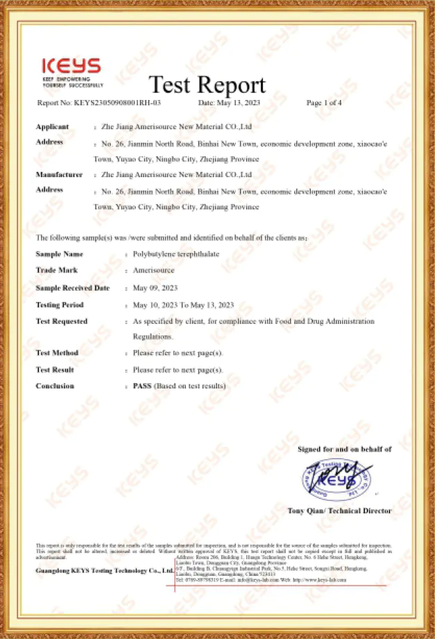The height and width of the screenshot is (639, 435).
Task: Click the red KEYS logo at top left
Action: click(71, 67)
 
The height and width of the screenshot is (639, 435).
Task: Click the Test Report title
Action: click(207, 85)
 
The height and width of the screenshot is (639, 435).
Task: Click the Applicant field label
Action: click(52, 127)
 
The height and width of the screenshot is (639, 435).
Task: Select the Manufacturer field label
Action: click(59, 175)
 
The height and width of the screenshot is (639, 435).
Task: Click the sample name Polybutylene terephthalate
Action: click(176, 254)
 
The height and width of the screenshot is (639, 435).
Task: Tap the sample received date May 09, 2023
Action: click(156, 288)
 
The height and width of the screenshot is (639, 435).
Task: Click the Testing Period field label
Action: click(60, 305)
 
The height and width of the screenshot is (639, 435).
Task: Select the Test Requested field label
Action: click(61, 321)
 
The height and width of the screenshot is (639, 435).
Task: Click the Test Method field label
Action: click(57, 352)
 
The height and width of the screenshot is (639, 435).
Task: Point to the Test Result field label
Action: click(56, 369)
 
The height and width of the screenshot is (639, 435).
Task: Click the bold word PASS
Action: click(142, 386)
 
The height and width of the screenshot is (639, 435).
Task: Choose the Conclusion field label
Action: click(55, 386)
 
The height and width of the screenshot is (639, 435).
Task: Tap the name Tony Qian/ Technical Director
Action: click(339, 511)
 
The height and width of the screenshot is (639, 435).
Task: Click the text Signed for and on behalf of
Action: click(344, 450)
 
